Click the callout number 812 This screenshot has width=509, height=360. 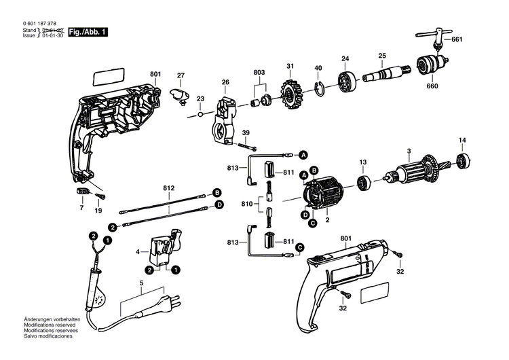point(169,187)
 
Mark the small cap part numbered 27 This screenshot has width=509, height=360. point(180,94)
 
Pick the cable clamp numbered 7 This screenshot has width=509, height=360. point(84,192)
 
